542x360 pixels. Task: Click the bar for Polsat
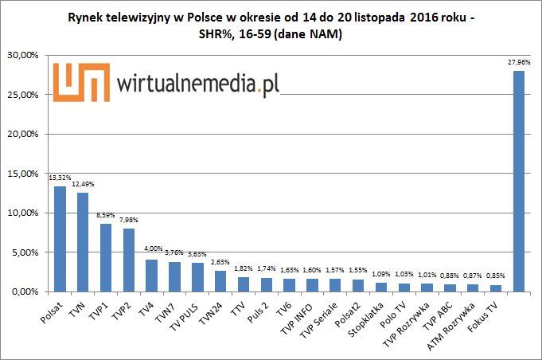tap(60, 239)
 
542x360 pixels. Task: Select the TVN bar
tap(83, 242)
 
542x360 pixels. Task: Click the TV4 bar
tap(151, 276)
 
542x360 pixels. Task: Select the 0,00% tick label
tap(25, 292)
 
